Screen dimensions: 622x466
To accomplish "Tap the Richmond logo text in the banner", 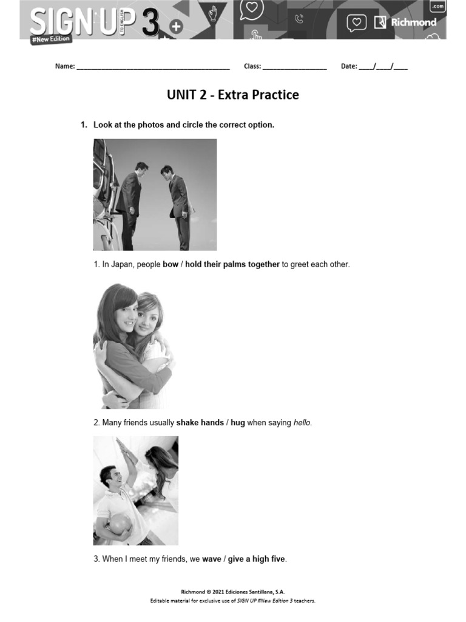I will tap(413, 22).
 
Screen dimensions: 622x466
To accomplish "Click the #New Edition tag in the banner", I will tap(51, 39).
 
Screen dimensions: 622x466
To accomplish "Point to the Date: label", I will tap(349, 66).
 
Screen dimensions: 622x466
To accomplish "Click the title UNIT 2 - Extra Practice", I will tap(233, 95).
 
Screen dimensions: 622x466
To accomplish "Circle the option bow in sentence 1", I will tap(171, 264).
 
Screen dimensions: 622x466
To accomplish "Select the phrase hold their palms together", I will tap(232, 264).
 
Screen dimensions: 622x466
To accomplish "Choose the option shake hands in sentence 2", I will tap(200, 422).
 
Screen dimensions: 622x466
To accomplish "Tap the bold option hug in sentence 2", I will tap(237, 422).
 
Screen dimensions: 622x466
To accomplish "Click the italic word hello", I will tap(302, 422).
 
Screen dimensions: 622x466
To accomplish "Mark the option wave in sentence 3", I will tap(211, 559).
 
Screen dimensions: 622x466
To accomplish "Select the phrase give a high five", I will tap(257, 559).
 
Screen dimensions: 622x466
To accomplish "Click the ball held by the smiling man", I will tap(118, 524).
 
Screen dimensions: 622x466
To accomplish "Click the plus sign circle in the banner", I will tap(176, 26).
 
